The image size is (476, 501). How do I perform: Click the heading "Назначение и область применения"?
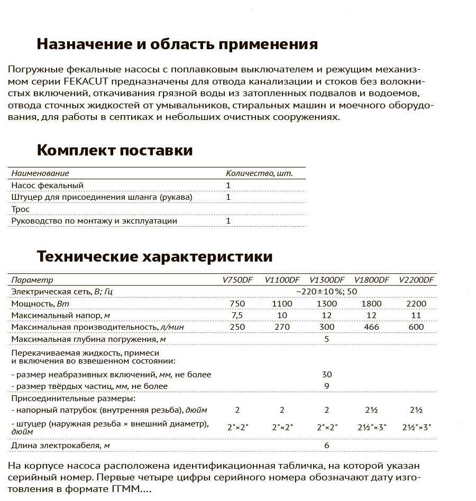177,44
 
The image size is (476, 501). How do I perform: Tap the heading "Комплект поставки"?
115,150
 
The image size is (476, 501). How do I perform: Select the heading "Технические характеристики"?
154,257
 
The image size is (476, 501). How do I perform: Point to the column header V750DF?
237,280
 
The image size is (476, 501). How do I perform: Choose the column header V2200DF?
416,280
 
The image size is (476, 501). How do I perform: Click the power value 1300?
326,303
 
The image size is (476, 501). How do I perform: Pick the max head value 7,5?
237,316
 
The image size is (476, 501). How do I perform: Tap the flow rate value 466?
371,327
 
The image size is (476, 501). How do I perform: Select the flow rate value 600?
416,327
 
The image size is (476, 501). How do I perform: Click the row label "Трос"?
21,209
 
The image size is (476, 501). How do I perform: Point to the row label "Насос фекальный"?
47,185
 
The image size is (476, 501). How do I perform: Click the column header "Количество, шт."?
259,173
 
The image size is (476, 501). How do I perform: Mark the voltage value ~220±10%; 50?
326,292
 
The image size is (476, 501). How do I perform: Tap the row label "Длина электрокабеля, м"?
60,446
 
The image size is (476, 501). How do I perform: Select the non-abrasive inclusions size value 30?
327,374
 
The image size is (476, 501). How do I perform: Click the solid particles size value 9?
327,386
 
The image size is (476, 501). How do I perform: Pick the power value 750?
237,303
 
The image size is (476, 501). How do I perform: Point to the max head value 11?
416,316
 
